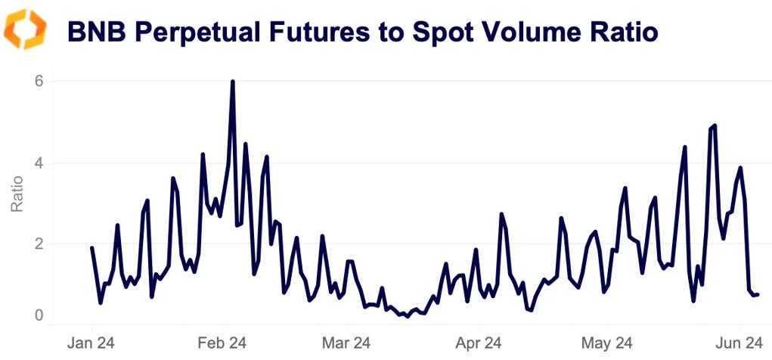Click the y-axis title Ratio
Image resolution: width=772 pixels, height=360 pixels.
pos(17,194)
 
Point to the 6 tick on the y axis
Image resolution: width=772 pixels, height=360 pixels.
pos(37,82)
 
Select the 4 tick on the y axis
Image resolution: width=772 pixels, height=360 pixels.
pos(37,163)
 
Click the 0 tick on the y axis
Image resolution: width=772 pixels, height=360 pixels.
pos(37,315)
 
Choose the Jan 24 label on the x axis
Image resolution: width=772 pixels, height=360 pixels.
pos(92,343)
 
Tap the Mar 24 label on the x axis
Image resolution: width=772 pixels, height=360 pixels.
pos(346,343)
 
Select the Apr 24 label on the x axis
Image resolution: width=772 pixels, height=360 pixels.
pos(479,343)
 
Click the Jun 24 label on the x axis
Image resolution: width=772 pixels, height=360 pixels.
pos(739,343)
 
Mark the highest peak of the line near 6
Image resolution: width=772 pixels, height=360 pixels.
pos(232,82)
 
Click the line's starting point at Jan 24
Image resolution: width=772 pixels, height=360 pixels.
pos(92,248)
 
